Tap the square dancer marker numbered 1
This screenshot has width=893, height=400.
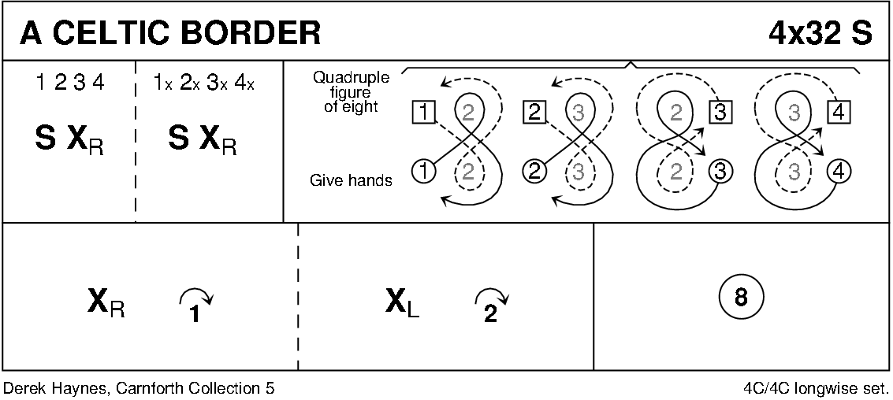[423, 113]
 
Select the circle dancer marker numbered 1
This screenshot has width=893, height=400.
[423, 169]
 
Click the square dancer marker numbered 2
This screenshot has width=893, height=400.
[534, 113]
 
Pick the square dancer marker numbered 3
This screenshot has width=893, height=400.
[719, 113]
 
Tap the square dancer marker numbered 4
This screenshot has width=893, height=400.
[838, 113]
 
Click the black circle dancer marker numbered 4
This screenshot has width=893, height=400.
[838, 169]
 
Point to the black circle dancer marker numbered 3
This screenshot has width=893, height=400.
[719, 169]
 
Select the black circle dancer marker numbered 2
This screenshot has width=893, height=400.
[534, 169]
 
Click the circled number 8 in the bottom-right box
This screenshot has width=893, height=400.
[740, 298]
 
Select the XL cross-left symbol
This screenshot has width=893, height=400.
[403, 301]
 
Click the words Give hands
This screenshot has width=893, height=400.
[352, 180]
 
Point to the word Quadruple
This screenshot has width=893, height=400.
[345, 78]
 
